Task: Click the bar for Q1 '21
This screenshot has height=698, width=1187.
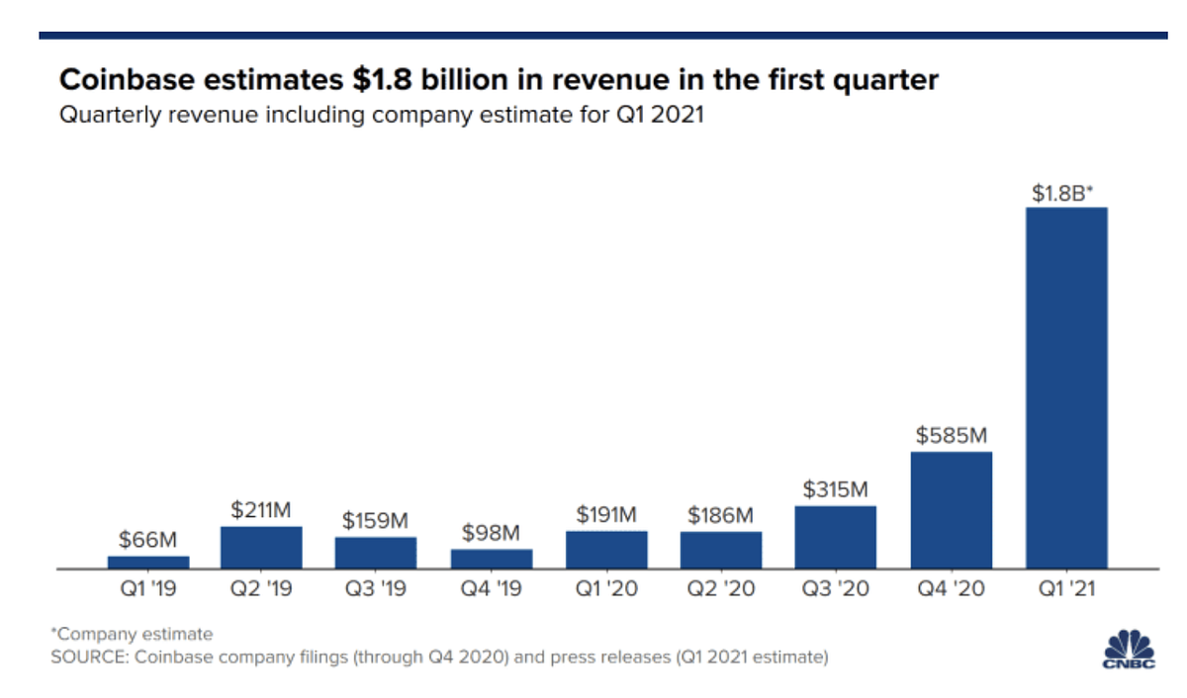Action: point(1066,388)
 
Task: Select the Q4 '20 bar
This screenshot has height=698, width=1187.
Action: point(952,510)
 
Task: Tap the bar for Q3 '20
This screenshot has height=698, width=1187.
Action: point(836,537)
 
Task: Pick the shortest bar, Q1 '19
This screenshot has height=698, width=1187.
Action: point(148,562)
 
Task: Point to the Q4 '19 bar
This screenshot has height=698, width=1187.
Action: point(492,559)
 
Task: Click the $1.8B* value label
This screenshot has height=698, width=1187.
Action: point(1062,194)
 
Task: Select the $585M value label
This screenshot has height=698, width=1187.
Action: point(952,435)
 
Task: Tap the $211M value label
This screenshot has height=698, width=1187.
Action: point(262,510)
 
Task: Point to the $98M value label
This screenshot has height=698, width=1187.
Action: point(492,533)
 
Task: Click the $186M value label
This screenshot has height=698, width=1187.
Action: point(721,515)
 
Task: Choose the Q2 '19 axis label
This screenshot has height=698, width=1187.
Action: point(262,589)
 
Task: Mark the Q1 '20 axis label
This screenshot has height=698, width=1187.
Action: point(606,589)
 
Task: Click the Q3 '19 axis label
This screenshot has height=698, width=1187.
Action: point(377,589)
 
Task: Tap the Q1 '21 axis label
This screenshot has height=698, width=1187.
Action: point(1066,589)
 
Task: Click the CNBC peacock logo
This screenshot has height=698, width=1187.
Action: point(1129,649)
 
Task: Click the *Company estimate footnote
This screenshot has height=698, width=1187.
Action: point(132,634)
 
